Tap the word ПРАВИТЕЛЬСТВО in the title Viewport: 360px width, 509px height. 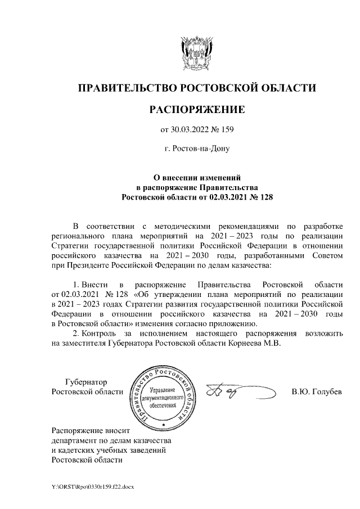pyautogui.click(x=128, y=88)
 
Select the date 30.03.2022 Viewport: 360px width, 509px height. pyautogui.click(x=188, y=130)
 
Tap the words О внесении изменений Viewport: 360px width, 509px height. pyautogui.click(x=196, y=177)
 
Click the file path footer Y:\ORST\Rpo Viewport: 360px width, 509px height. pyautogui.click(x=93, y=485)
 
